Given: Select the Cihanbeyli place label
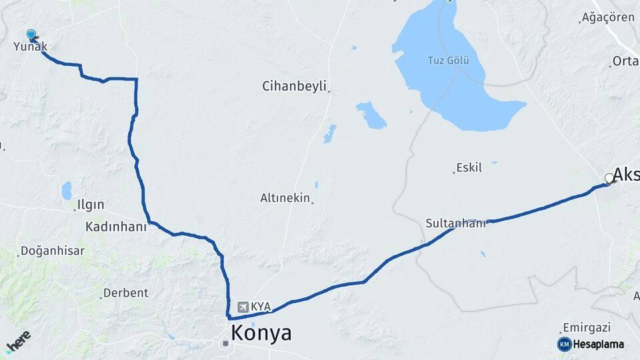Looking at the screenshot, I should (x=294, y=86).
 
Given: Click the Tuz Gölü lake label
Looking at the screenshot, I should (x=448, y=61).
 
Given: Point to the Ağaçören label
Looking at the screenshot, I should (x=607, y=18).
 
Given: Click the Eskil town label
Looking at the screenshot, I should (x=469, y=168).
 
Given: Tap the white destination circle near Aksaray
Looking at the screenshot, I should (x=609, y=178).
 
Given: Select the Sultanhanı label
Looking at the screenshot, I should (x=456, y=223).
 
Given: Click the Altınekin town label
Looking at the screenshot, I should (x=285, y=198).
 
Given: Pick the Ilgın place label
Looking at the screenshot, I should (x=91, y=205).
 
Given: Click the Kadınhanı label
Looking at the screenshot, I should (x=115, y=227).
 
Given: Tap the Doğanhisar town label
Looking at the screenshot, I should (x=53, y=251).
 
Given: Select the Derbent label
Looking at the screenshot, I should (x=125, y=293).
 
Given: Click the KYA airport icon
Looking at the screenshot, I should (x=243, y=307).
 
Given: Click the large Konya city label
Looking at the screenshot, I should (x=261, y=333).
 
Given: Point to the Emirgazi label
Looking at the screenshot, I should (x=587, y=327).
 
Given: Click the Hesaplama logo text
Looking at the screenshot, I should (x=599, y=344).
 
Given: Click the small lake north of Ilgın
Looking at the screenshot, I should (x=67, y=191).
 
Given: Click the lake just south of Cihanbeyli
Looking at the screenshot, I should (x=371, y=115).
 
